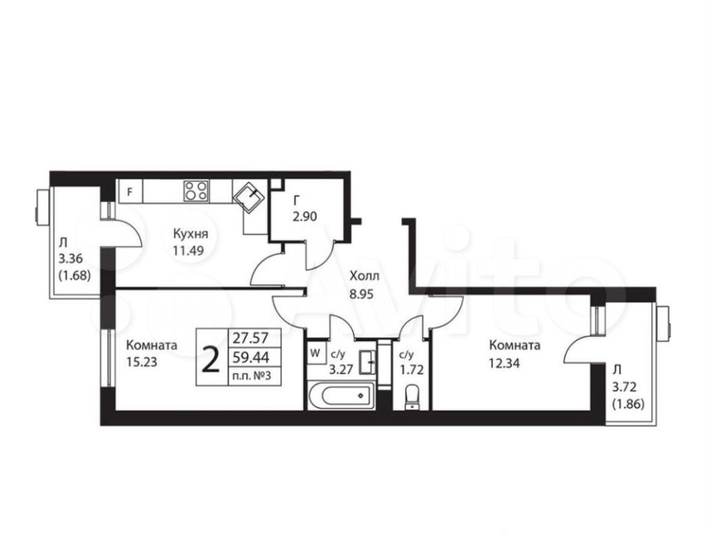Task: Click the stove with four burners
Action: tap(196, 191)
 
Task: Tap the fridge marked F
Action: tap(130, 191)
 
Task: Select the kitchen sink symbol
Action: tap(249, 198)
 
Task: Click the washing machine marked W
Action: tap(315, 353)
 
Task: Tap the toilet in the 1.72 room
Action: tap(412, 397)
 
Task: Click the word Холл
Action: tap(364, 275)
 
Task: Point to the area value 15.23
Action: tap(141, 362)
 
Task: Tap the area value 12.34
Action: tap(504, 362)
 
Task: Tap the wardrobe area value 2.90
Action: tap(305, 216)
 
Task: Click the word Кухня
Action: tap(191, 233)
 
